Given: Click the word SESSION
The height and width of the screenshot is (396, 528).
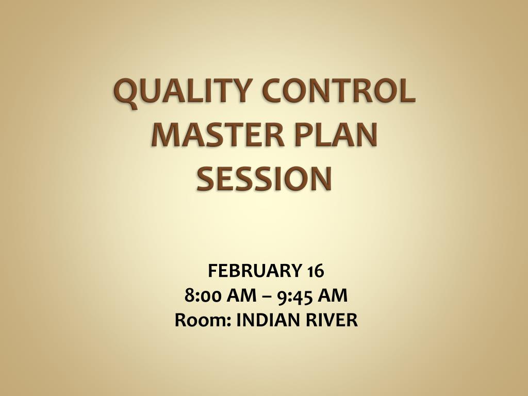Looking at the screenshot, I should (264, 178).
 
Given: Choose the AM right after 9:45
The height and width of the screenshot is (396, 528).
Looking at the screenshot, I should (333, 296).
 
